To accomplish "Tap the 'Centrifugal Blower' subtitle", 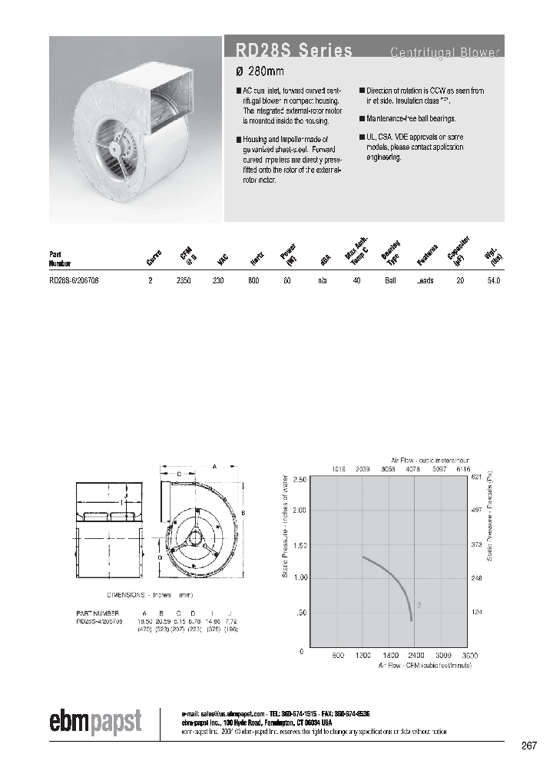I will [445, 52].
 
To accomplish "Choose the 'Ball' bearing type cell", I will [390, 281].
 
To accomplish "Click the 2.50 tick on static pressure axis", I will [300, 479].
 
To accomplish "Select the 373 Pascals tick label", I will [477, 544].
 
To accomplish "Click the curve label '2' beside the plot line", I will [419, 606].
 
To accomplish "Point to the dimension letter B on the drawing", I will [243, 512].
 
